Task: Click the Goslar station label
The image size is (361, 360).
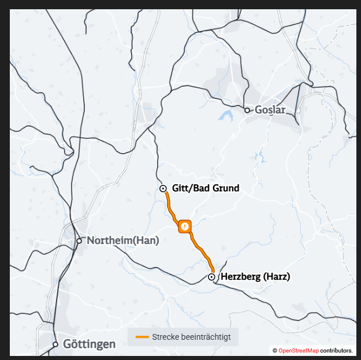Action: [x=270, y=110]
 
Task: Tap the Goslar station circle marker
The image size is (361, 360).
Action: [x=247, y=110]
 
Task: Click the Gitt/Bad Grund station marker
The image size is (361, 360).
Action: [x=163, y=188]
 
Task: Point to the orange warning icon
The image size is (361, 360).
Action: [x=185, y=226]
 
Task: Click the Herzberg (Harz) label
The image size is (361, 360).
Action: [x=255, y=277]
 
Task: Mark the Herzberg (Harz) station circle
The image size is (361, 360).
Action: [x=212, y=277]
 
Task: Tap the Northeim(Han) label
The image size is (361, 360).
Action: [x=122, y=240]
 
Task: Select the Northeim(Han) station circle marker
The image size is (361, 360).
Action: [x=79, y=240]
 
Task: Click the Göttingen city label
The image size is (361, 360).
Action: [x=89, y=344]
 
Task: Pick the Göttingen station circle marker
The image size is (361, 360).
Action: [x=55, y=344]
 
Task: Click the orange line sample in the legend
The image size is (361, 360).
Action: [x=142, y=337]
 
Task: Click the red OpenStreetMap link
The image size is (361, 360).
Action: [x=299, y=351]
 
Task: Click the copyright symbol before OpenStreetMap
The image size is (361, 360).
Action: [x=275, y=351]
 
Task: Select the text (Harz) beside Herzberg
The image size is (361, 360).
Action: [x=277, y=277]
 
